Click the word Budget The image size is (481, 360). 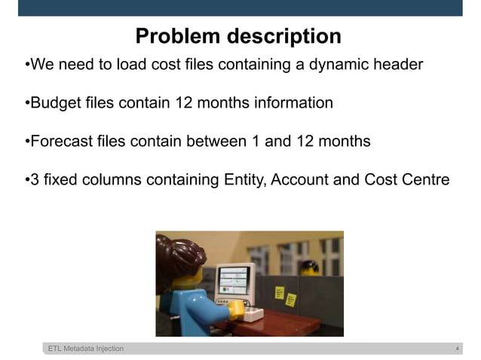pyautogui.click(x=54, y=102)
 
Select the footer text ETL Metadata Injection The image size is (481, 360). pyautogui.click(x=86, y=349)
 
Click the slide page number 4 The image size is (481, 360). pyautogui.click(x=457, y=349)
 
